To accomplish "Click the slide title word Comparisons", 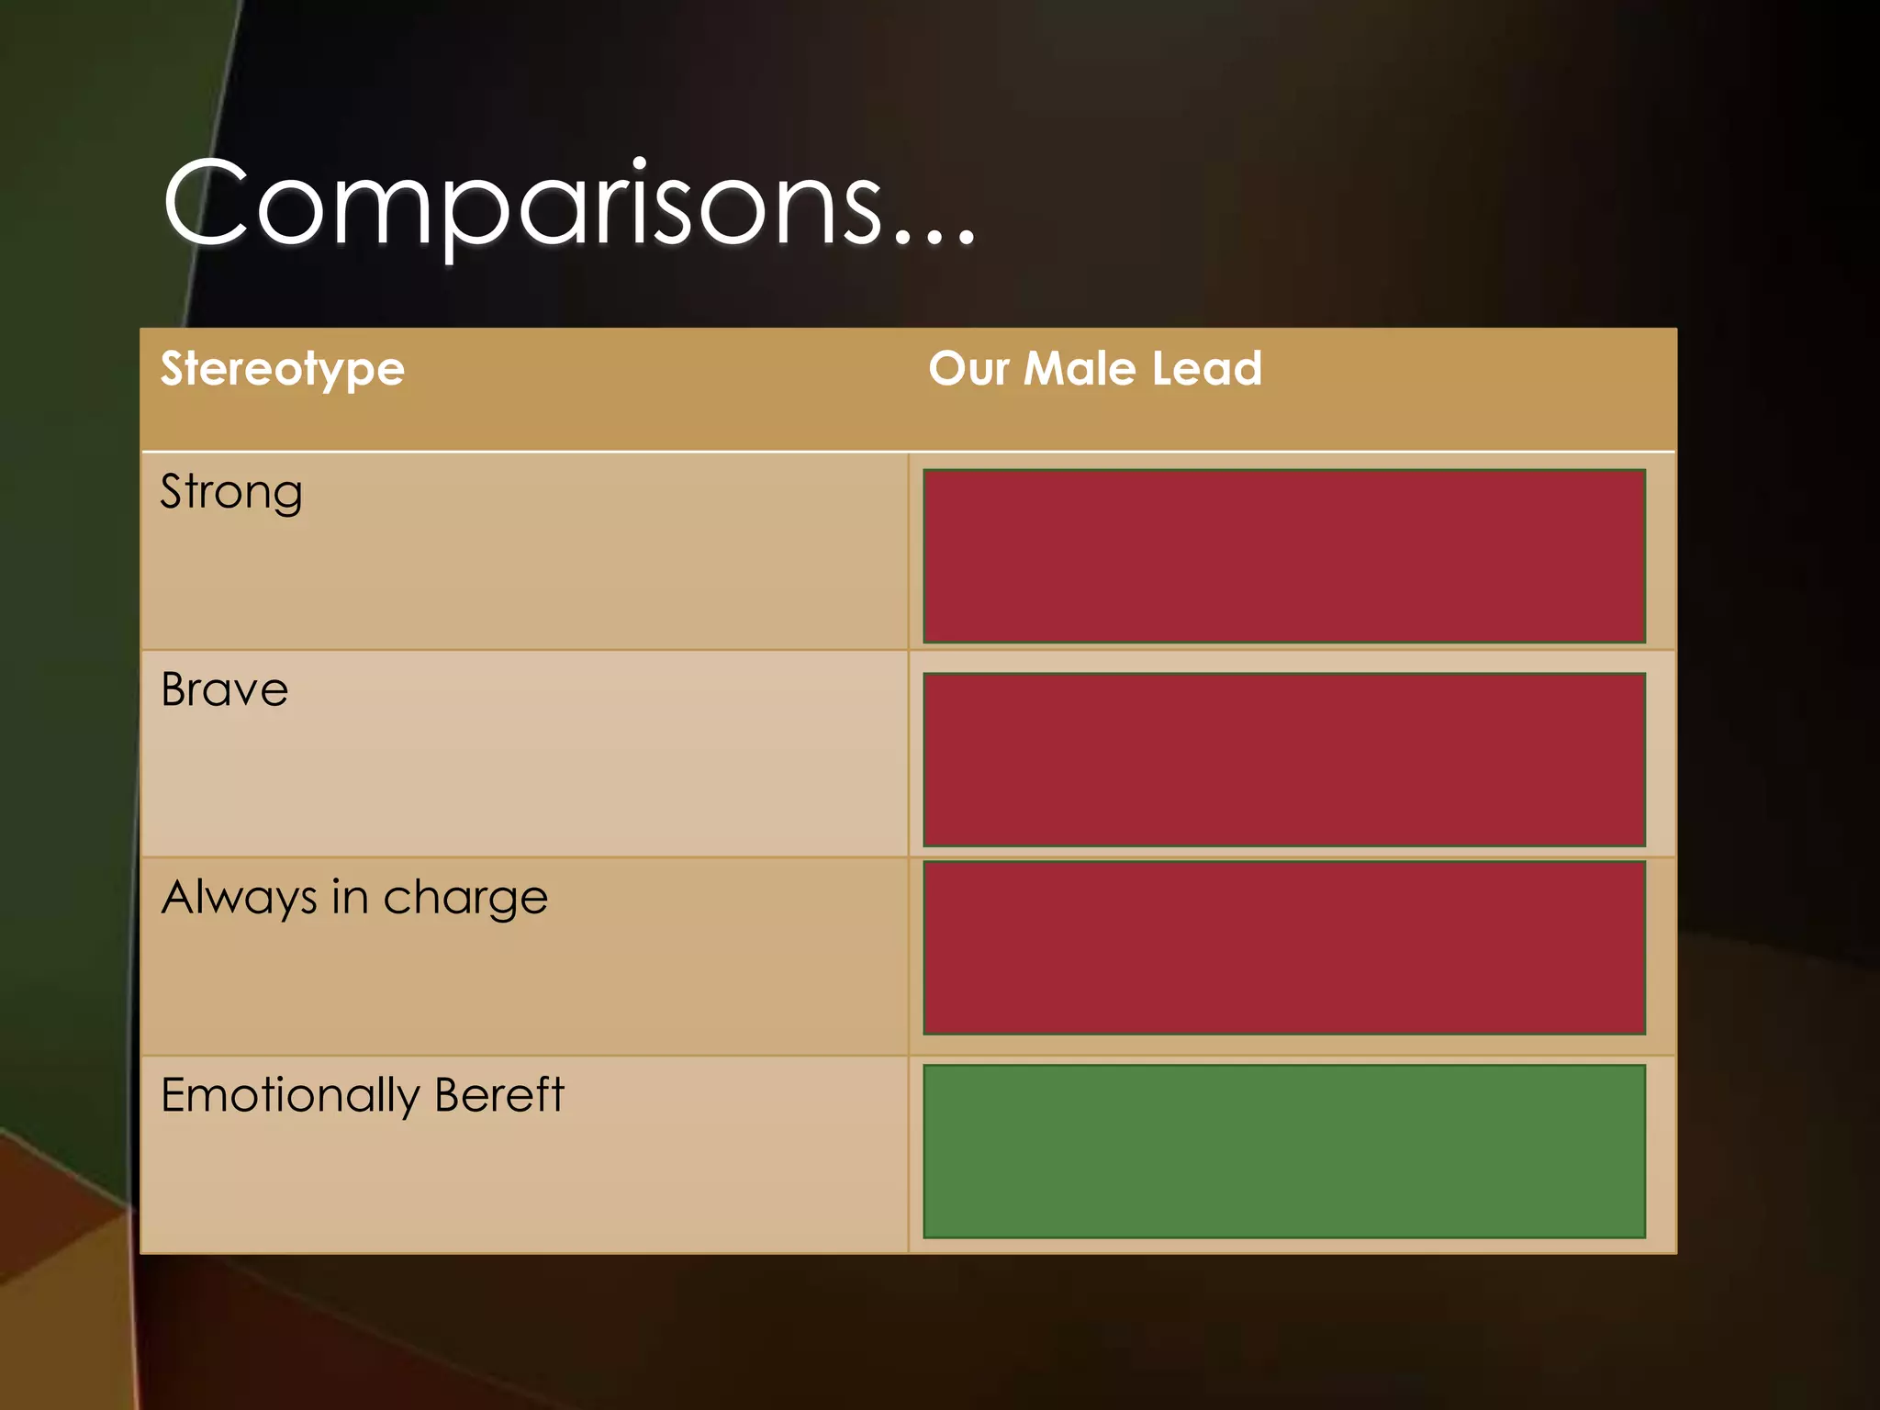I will (523, 204).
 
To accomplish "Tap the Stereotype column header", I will (282, 370).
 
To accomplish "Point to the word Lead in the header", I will (1206, 369).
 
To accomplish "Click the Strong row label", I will (231, 493).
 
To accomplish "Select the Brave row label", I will (224, 690).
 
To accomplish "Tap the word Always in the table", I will (239, 898).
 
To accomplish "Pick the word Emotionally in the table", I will (290, 1096).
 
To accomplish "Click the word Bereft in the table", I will (499, 1094).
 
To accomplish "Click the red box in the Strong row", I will (1283, 556).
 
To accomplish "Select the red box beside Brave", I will (1283, 759).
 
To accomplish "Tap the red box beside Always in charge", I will (1283, 947).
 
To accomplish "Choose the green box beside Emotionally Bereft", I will (1283, 1151).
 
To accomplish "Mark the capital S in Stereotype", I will (172, 368).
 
